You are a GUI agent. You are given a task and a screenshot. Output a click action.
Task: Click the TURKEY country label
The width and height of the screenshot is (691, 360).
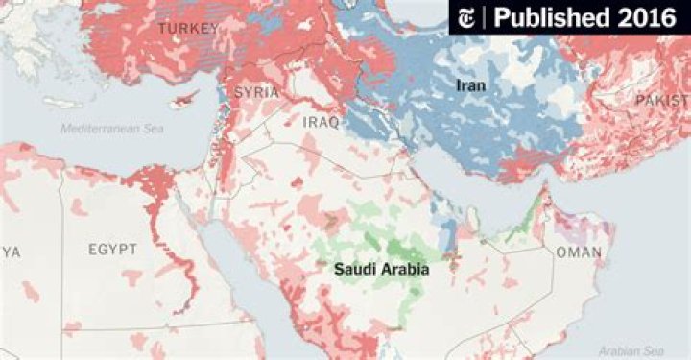(x=186, y=30)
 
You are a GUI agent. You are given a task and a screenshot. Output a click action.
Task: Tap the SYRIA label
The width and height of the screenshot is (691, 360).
(x=256, y=93)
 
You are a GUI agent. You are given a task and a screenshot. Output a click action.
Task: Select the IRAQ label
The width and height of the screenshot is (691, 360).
(x=321, y=123)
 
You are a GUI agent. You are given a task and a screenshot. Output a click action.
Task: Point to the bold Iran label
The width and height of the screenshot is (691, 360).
(x=470, y=86)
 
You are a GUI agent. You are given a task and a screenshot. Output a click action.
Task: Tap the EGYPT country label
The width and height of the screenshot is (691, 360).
(x=112, y=250)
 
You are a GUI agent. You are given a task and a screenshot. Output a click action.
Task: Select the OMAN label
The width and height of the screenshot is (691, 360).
(x=579, y=252)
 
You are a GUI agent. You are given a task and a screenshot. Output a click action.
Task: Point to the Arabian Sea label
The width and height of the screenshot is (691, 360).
(x=631, y=351)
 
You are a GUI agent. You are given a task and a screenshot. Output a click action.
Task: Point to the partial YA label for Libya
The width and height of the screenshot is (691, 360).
(x=10, y=251)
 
